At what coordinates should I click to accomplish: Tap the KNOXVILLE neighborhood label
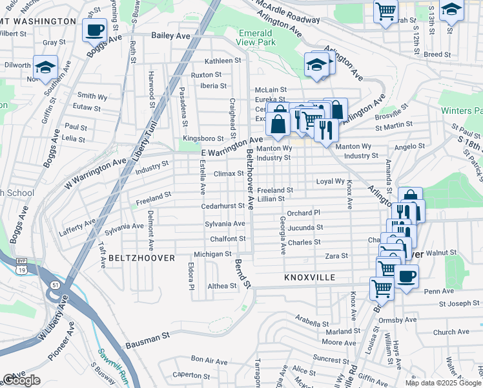(310, 277)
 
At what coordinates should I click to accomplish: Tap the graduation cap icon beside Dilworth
(45, 67)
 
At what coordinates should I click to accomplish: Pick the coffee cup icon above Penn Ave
(406, 277)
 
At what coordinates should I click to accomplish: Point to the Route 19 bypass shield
(21, 268)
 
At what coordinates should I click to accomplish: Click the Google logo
(21, 380)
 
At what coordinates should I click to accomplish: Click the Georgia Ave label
(282, 233)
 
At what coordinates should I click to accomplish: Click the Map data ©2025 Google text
(442, 383)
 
